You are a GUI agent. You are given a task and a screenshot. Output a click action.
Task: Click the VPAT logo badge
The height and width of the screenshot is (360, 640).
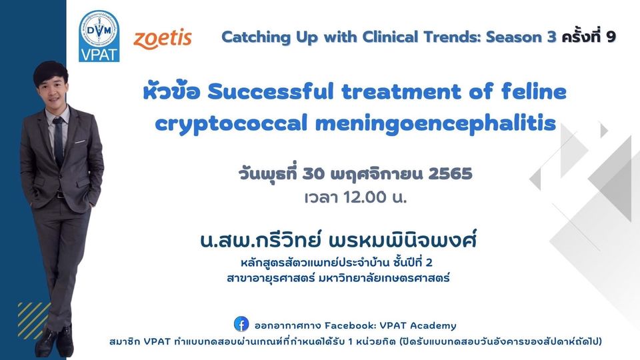pos(99,36)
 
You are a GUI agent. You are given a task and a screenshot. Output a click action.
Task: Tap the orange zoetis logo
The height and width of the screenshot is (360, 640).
pos(163,39)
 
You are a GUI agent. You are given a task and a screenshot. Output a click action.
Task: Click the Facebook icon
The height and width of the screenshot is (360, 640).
pos(241,324)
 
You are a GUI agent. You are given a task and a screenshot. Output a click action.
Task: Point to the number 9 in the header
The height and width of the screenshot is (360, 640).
pos(611,37)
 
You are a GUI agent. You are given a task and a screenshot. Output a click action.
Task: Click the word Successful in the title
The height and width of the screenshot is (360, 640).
pos(271,91)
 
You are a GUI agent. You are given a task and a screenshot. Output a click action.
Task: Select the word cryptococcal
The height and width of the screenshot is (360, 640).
pos(231,123)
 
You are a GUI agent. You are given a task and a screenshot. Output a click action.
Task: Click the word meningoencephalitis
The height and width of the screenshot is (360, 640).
pos(435,123)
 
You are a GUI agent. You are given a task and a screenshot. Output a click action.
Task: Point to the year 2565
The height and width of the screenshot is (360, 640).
pos(450,174)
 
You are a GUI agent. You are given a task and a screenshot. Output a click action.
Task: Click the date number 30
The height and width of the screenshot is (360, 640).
pos(313,174)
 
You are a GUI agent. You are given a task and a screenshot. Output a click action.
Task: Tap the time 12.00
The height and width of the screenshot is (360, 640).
pos(365,197)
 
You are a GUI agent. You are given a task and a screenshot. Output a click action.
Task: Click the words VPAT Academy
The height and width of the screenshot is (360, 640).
pos(418,325)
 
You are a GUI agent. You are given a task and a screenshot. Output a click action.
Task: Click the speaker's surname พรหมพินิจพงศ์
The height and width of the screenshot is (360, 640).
pos(403,239)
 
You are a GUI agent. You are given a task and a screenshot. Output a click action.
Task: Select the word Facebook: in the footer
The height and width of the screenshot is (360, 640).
pos(350,325)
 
